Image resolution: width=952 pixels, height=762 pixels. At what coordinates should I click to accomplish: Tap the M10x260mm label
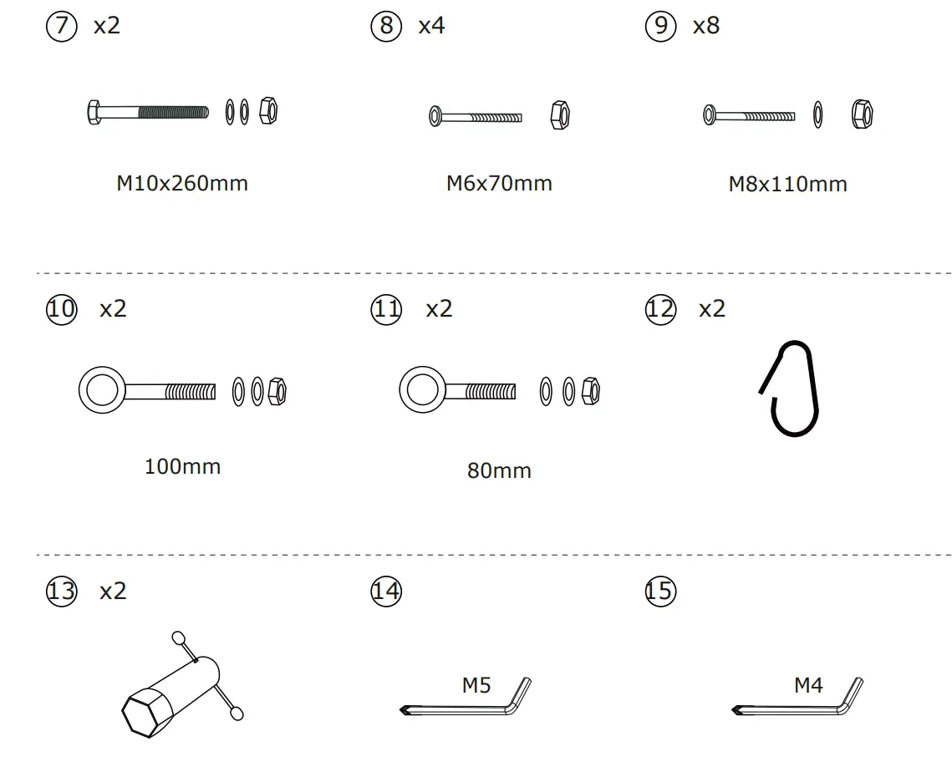click(x=182, y=183)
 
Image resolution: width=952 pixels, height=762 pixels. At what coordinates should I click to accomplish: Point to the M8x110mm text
click(x=787, y=184)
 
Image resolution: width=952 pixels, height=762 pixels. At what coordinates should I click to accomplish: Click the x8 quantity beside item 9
click(x=705, y=26)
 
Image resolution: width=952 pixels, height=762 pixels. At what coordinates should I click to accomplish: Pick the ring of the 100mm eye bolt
click(x=100, y=390)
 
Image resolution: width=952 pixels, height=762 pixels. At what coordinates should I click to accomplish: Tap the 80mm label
click(x=499, y=471)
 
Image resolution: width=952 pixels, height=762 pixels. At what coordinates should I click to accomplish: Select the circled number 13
click(x=60, y=592)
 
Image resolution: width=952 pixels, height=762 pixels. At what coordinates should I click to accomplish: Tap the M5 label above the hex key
click(x=476, y=685)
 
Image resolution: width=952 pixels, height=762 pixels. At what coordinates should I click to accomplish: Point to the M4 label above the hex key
click(x=808, y=685)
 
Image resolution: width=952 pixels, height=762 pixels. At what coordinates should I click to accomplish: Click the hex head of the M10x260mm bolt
click(x=94, y=112)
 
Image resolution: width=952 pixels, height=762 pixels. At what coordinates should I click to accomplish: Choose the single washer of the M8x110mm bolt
click(x=817, y=114)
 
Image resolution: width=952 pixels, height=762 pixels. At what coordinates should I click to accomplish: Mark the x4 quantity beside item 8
click(x=431, y=26)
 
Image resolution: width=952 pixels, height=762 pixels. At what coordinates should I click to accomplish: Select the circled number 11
click(x=385, y=309)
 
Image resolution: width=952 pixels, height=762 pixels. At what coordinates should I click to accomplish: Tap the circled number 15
click(x=659, y=592)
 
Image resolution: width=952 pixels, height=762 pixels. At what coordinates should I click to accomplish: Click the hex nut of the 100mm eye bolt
click(x=278, y=390)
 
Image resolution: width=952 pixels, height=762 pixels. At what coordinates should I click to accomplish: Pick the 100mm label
click(x=182, y=466)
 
